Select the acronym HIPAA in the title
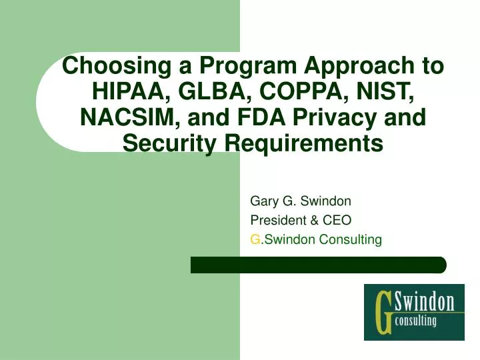tap(127, 92)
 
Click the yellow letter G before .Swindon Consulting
tap(254, 240)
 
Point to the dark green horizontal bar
tap(318, 265)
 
